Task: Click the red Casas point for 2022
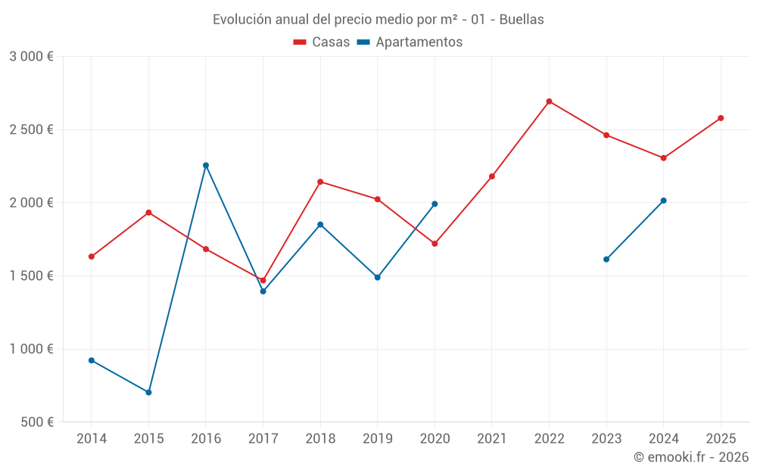click(x=549, y=101)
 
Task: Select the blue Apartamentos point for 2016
click(x=206, y=165)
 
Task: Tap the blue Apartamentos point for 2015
click(x=148, y=392)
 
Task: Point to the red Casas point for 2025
click(x=721, y=118)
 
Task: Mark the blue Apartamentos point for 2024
click(x=663, y=201)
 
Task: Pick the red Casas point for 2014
click(x=92, y=257)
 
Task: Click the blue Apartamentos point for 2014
click(x=92, y=360)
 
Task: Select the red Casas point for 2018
click(x=320, y=182)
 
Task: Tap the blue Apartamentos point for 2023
click(x=606, y=259)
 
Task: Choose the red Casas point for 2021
click(x=492, y=176)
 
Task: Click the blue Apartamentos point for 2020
click(x=435, y=204)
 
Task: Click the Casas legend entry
click(x=322, y=42)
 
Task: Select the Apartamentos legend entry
click(x=410, y=42)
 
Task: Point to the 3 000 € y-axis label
click(x=31, y=57)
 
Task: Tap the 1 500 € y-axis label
click(x=31, y=275)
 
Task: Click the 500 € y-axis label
click(x=37, y=422)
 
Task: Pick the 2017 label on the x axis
click(x=263, y=438)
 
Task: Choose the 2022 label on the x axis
click(x=550, y=438)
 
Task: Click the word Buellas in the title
click(x=522, y=20)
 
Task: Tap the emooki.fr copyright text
click(x=691, y=456)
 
